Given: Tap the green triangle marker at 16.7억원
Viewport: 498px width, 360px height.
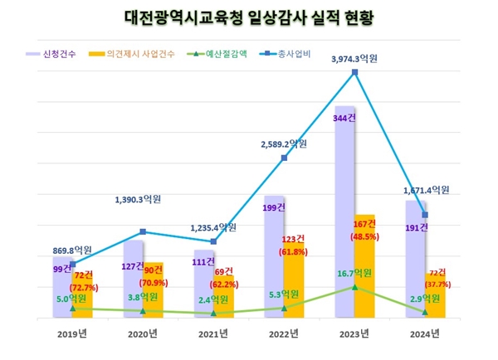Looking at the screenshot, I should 354,287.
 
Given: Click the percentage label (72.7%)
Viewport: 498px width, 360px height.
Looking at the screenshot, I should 83,287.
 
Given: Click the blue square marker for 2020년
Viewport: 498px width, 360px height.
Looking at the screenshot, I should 144,231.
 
